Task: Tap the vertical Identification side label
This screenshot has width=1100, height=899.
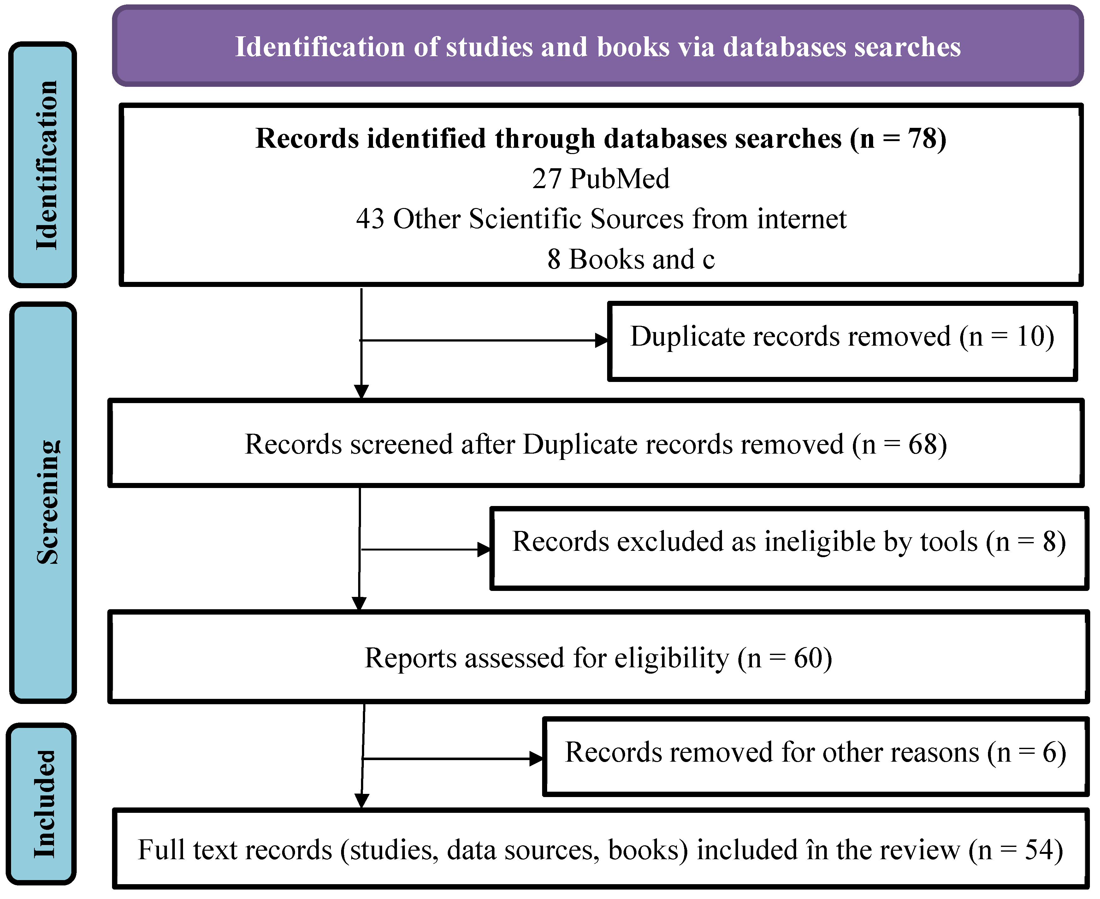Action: pos(45,165)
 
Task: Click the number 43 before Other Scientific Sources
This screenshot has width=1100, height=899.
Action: pos(370,219)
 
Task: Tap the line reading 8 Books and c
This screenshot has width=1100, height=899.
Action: pos(630,259)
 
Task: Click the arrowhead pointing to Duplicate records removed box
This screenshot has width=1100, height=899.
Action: pos(601,340)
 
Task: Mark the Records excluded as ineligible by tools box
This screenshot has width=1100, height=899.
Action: pos(788,548)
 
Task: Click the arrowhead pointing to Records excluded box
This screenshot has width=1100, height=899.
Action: pos(483,550)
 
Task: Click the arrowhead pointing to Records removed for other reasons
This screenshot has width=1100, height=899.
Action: pos(536,759)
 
